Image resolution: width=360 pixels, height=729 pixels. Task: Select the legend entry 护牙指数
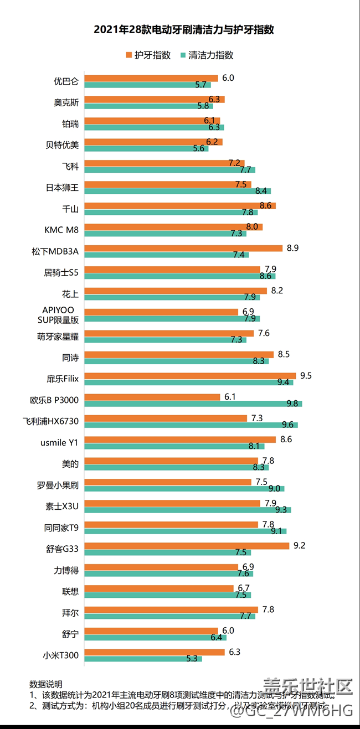click(148, 55)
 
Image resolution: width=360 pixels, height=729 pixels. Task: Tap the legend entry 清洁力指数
click(207, 55)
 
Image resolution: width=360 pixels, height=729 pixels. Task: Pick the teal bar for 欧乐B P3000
click(193, 404)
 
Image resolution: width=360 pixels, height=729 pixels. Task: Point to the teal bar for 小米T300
click(143, 659)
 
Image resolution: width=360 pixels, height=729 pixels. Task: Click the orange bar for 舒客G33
click(187, 546)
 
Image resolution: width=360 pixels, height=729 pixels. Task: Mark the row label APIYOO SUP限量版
click(61, 315)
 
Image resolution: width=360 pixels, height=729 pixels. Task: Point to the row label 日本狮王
click(62, 188)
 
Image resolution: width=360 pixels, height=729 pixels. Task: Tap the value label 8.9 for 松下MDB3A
click(293, 248)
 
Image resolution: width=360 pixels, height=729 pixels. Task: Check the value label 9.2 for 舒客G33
click(300, 546)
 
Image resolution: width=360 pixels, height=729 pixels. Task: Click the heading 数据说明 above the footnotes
click(46, 684)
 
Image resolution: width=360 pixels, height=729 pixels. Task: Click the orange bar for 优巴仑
click(151, 78)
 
